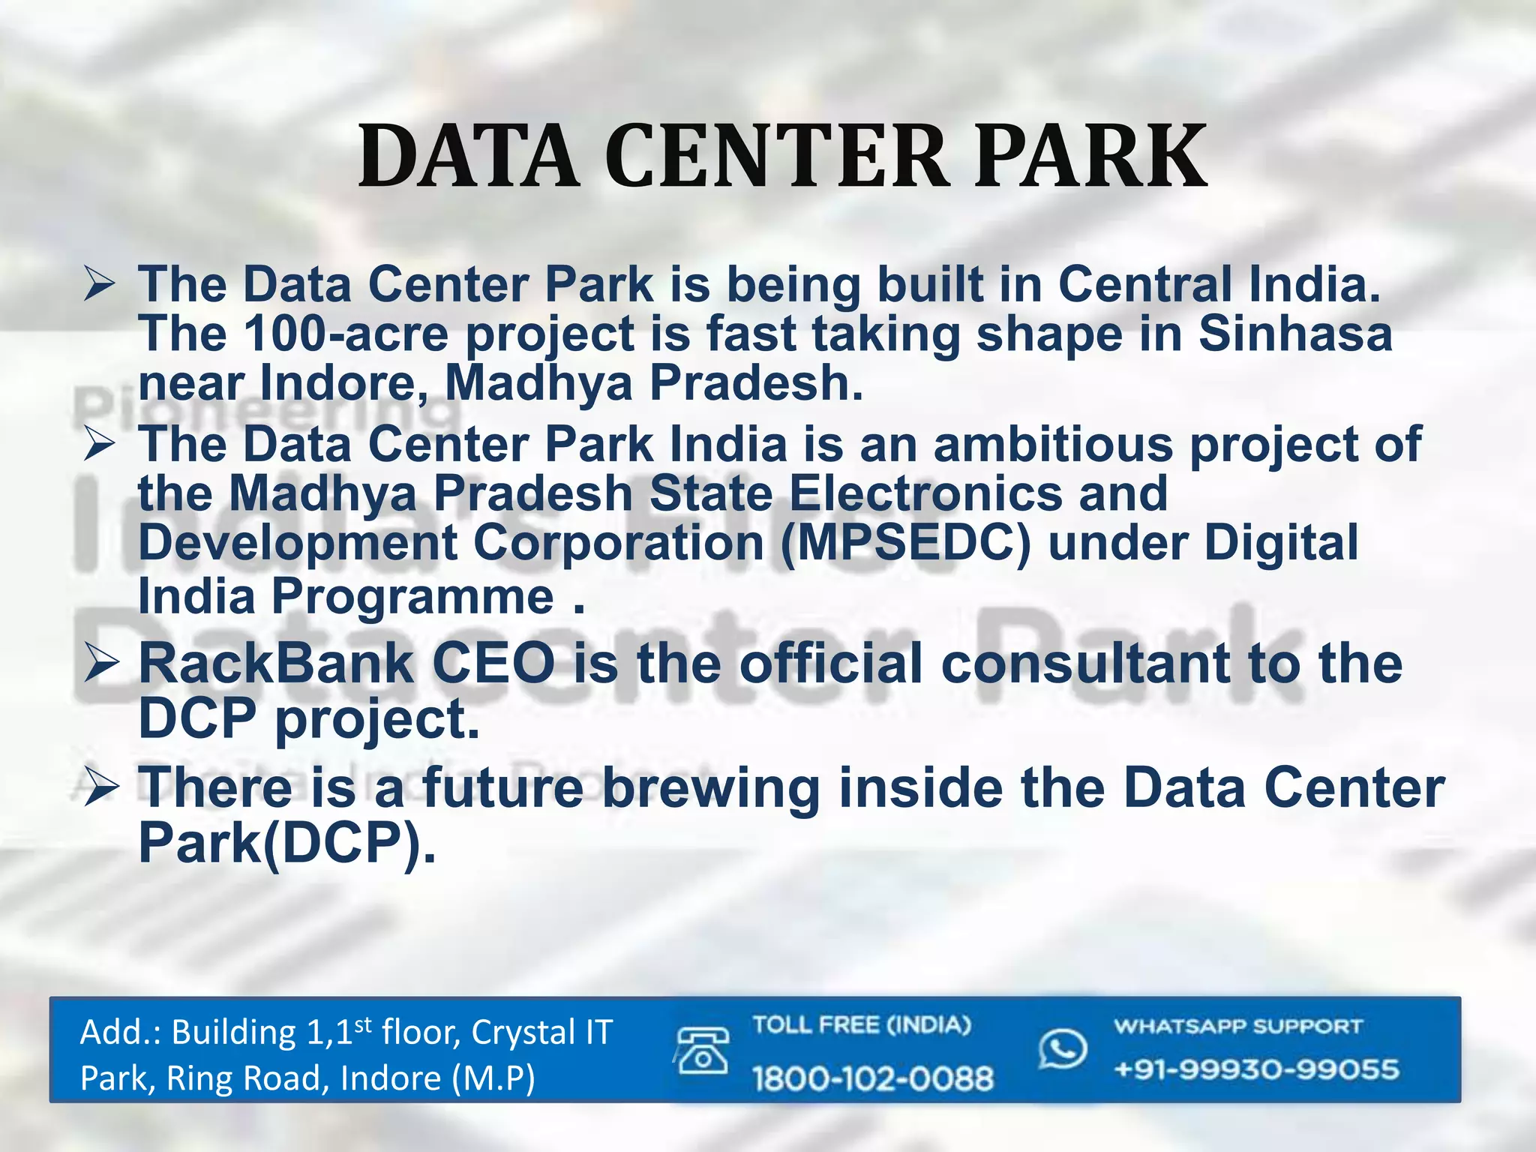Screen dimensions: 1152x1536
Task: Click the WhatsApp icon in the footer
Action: point(1062,1048)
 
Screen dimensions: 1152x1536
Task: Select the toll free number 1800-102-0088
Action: point(873,1078)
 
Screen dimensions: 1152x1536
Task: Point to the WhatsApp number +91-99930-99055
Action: point(1256,1069)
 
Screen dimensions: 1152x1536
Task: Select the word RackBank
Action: point(276,664)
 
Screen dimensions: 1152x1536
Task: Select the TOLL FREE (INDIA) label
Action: point(861,1025)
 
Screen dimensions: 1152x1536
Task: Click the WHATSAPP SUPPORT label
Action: point(1237,1027)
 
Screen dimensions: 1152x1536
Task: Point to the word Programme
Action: point(412,598)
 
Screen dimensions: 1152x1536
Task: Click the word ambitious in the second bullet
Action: point(1053,444)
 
